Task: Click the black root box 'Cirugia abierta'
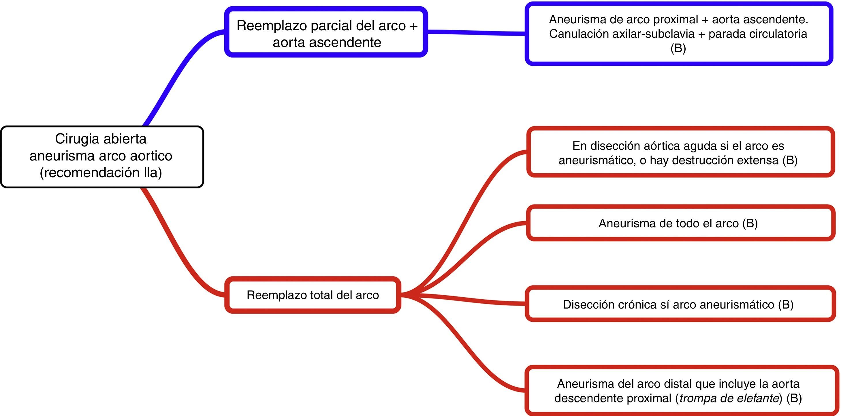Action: coord(102,157)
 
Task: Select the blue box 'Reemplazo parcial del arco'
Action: coord(326,32)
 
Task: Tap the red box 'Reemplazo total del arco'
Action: coord(313,295)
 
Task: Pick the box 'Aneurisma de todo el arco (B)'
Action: coord(678,223)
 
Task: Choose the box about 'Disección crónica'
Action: coord(678,305)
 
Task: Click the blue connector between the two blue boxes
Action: coord(477,33)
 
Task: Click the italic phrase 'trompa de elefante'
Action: coord(729,398)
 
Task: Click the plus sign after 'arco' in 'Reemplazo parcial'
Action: coord(413,26)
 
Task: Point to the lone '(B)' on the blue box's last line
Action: coord(678,48)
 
